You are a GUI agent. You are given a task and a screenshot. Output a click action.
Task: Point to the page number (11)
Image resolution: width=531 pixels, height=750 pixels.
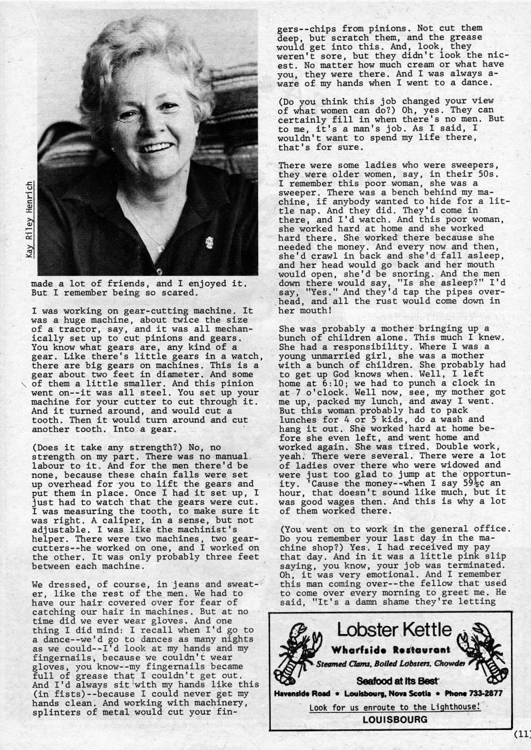tap(522, 734)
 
